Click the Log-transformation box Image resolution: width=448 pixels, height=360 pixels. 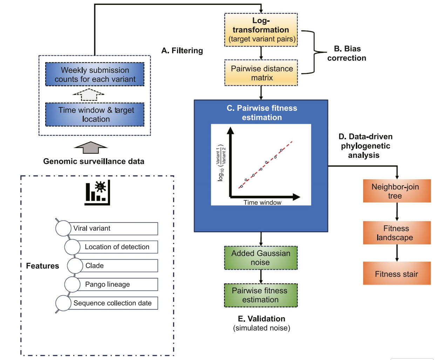pyautogui.click(x=261, y=30)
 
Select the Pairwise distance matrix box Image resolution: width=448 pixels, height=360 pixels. pyautogui.click(x=261, y=73)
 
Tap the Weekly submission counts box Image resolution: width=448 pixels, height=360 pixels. pyautogui.click(x=95, y=74)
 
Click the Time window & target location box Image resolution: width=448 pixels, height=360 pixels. pyautogui.click(x=95, y=114)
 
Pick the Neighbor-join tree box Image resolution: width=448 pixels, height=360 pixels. pyautogui.click(x=397, y=191)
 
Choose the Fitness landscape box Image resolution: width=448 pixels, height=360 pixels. pyautogui.click(x=397, y=233)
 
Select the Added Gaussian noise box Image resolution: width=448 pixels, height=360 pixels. pyautogui.click(x=261, y=258)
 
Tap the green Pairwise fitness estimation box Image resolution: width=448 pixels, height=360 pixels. pyautogui.click(x=261, y=295)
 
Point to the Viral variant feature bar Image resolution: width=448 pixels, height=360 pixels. pyautogui.click(x=114, y=228)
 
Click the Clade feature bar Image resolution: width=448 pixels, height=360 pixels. pyautogui.click(x=119, y=266)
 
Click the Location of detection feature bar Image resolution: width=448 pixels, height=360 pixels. pyautogui.click(x=118, y=247)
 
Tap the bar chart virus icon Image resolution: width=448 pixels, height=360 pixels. pyautogui.click(x=97, y=193)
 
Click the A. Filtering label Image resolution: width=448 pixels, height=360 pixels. pyautogui.click(x=182, y=51)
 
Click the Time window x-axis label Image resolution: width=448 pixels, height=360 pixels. pyautogui.click(x=262, y=202)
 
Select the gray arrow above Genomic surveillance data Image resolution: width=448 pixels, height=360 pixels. pyautogui.click(x=91, y=147)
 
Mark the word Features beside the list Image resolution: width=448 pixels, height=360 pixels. pyautogui.click(x=42, y=266)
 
